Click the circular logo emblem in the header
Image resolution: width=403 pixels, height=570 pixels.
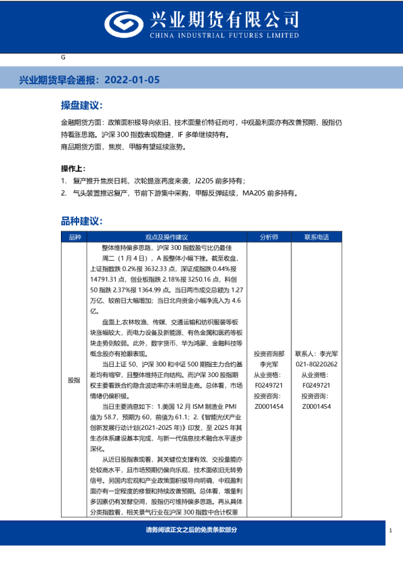[x=122, y=24]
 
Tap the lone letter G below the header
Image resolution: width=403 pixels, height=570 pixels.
[x=63, y=58]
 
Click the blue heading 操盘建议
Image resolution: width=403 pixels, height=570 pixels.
[x=81, y=106]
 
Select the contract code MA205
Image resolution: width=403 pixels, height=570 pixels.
[x=255, y=193]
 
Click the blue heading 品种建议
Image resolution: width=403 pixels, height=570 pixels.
[x=81, y=221]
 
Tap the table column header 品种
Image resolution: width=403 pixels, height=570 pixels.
[x=75, y=237]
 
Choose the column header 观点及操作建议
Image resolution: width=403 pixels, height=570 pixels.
[x=167, y=237]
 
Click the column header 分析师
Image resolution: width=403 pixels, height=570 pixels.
[x=269, y=237]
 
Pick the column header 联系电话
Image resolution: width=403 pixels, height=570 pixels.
[x=316, y=237]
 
